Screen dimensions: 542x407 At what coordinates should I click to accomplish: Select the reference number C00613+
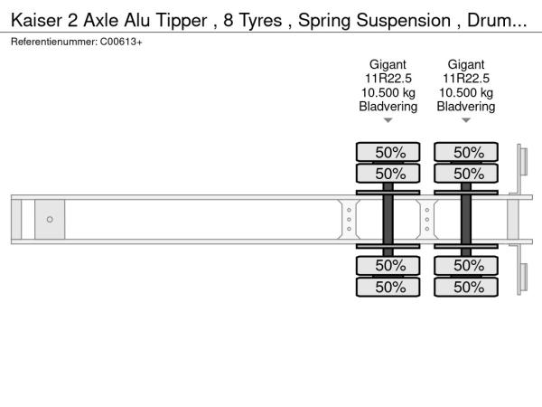tap(121, 42)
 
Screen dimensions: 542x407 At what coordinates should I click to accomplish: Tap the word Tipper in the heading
tap(182, 21)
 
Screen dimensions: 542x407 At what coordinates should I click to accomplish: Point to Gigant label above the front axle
tap(388, 64)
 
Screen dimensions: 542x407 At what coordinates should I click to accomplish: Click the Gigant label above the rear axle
tap(466, 64)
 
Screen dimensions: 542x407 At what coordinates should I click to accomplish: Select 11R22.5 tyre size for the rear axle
tap(466, 79)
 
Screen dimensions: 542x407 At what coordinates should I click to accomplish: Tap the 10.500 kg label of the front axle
tap(388, 93)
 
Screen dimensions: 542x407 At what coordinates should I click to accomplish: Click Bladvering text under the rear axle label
tap(466, 106)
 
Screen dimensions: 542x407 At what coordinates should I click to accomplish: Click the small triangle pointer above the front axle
tap(388, 120)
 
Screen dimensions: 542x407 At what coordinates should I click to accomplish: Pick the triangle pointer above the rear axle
tap(466, 120)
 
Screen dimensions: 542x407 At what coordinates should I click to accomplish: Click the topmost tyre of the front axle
tap(388, 152)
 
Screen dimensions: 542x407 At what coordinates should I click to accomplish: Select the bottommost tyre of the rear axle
tap(466, 287)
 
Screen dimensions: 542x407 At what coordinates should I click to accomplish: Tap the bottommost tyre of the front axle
tap(388, 287)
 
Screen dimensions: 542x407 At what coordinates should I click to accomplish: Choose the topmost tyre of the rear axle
tap(466, 152)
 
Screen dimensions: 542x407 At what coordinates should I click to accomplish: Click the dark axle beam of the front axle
tap(388, 220)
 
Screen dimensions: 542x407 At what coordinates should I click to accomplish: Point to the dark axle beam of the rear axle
tap(466, 220)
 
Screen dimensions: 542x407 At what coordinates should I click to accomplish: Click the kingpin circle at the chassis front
tap(50, 220)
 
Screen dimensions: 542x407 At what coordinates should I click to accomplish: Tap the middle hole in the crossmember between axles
tap(427, 220)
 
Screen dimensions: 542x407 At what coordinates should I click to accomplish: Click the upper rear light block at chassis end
tap(524, 161)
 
